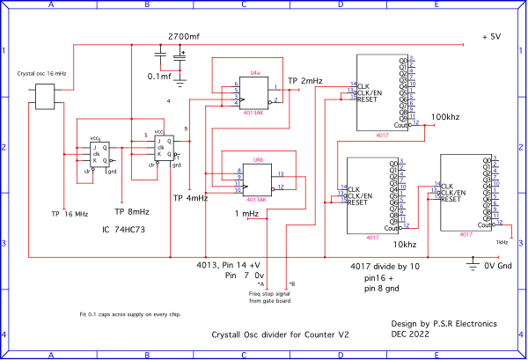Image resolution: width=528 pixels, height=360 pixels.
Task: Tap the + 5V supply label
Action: (x=491, y=37)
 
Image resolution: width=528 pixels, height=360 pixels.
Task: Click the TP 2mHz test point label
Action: (x=305, y=81)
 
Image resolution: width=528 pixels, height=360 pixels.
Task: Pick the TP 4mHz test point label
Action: (x=190, y=198)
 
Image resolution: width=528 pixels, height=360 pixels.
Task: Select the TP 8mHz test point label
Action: (x=132, y=211)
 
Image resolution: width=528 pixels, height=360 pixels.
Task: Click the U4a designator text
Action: (x=254, y=72)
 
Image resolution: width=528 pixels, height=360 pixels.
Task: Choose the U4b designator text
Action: (x=258, y=160)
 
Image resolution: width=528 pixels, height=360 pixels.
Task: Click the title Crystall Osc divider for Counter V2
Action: (x=281, y=335)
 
